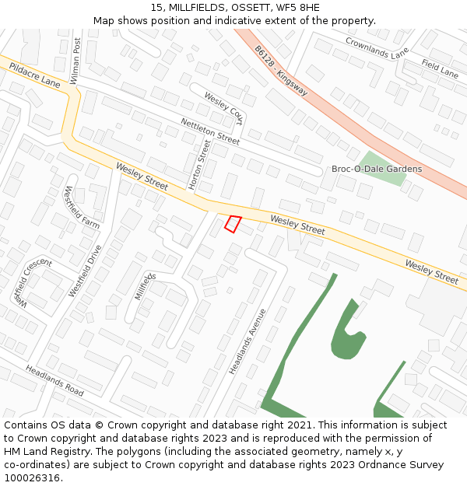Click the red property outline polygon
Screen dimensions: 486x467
tap(233, 224)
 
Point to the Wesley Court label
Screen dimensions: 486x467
tap(223, 108)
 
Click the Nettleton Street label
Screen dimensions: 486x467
tap(210, 131)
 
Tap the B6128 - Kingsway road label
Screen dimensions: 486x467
tap(280, 70)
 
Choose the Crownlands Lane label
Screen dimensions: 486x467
tap(377, 48)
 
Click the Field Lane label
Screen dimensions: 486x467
tap(440, 68)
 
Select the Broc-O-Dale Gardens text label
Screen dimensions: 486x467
tap(377, 169)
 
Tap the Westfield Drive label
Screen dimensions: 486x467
tap(85, 271)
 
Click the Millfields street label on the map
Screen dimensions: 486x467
tap(145, 286)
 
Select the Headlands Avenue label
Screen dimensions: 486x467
tap(248, 341)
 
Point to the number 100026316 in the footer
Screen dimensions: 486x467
tap(32, 477)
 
